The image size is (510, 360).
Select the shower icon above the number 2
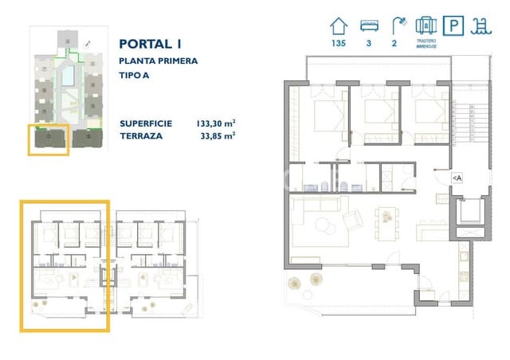(396, 25)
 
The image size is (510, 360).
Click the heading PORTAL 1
(149, 45)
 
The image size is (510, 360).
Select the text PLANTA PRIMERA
(158, 61)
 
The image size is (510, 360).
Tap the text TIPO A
(136, 76)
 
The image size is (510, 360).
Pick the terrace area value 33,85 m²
(218, 136)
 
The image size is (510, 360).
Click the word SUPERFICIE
(146, 123)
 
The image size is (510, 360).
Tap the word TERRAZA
(142, 136)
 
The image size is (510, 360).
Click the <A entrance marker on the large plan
(457, 178)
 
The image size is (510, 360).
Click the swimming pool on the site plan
(69, 76)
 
